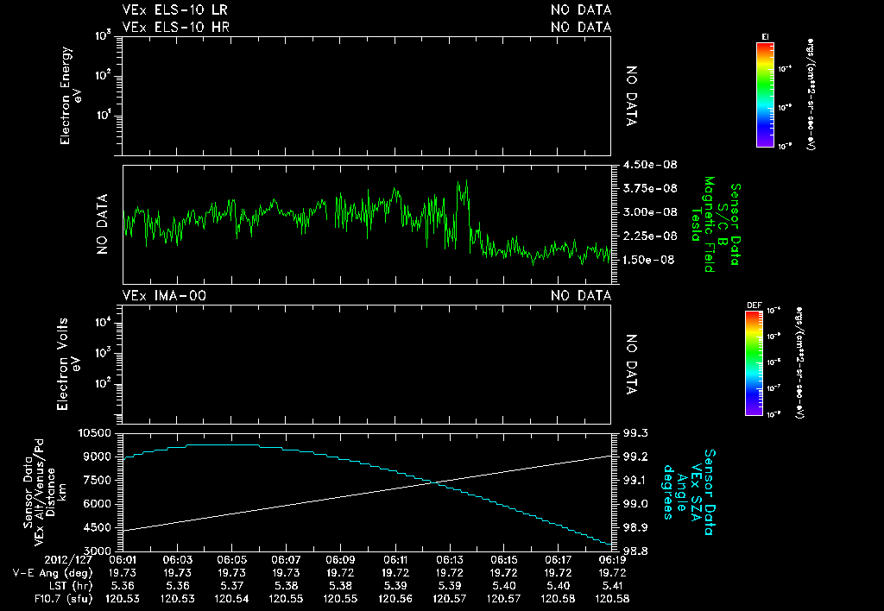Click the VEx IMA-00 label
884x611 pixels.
164,296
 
